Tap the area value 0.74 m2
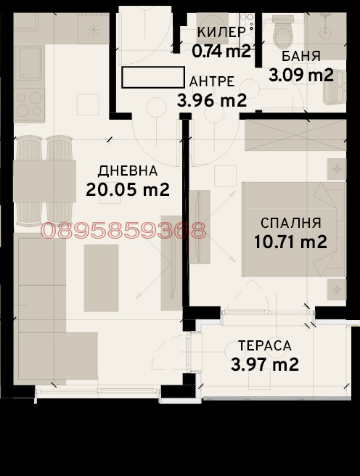coord(221,51)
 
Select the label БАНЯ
coord(300,57)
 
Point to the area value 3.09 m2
coord(301,75)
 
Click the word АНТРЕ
coord(212,82)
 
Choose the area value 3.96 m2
coord(212,100)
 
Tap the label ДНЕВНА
coord(128,171)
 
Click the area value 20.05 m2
coord(128,190)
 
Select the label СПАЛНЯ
coord(291,223)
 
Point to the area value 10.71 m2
coord(290,242)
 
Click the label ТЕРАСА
coord(265,346)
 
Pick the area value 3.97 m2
coord(265,364)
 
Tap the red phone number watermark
coord(123,231)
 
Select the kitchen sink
coord(30,63)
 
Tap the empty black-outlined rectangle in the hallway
coord(153,78)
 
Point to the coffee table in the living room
coord(101,278)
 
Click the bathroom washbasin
coord(335,87)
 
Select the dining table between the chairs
coord(44,181)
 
